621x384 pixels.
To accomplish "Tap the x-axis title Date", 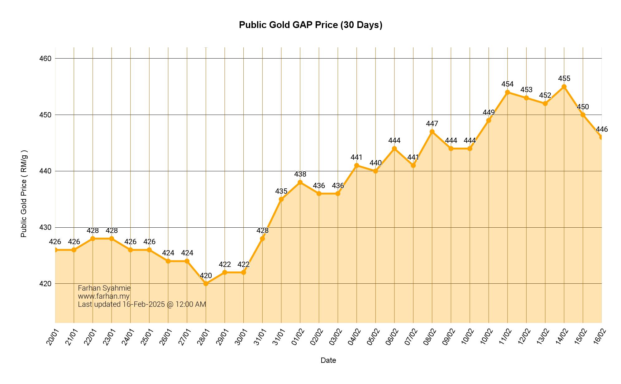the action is point(328,360).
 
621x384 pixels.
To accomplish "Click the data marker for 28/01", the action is point(206,284).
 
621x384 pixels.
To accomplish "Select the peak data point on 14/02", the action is point(564,87).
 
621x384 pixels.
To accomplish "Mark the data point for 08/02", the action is point(432,132).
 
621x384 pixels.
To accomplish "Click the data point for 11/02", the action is point(508,92).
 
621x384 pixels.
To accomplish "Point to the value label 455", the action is point(564,78).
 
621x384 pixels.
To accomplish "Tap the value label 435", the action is point(281,191).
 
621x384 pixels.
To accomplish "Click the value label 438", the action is point(300,174).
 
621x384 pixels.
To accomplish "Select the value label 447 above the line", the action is point(432,124).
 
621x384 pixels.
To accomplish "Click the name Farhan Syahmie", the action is point(104,288).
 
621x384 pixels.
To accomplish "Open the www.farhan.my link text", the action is point(104,296).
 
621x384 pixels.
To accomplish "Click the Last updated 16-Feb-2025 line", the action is point(142,304).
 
